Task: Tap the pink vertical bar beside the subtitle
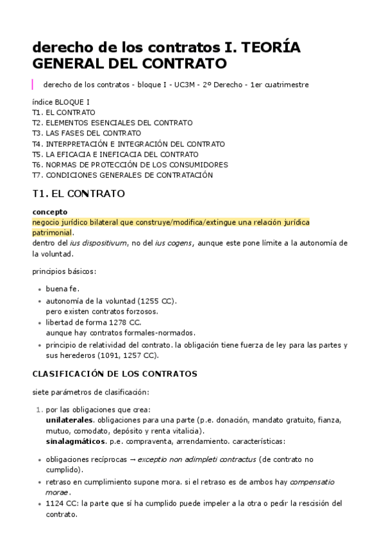[x=33, y=84]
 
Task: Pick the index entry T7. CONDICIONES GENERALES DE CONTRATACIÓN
[x=131, y=175]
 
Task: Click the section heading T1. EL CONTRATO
[x=78, y=193]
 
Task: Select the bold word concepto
[x=50, y=212]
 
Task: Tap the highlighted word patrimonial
[x=52, y=232]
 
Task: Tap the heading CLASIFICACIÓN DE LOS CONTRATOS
[x=115, y=373]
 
